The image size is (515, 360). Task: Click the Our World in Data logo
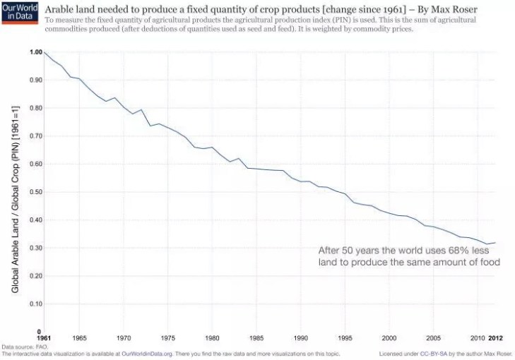click(20, 13)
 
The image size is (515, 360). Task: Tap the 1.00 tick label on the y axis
click(36, 52)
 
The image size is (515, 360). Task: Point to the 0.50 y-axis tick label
click(36, 192)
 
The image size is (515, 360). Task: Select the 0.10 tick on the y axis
click(36, 304)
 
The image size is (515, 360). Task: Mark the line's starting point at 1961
click(45, 52)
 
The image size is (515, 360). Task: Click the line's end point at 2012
click(496, 243)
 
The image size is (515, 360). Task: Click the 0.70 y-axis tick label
click(36, 136)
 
